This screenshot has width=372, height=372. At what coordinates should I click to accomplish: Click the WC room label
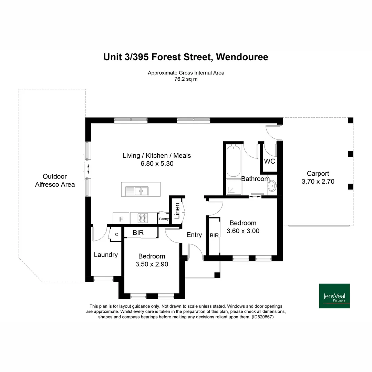(x=269, y=161)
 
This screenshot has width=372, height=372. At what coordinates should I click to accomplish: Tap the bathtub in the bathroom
(x=233, y=161)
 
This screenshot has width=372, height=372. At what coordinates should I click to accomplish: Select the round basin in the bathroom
(x=272, y=186)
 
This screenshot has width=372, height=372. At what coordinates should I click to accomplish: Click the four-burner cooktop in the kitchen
(x=143, y=218)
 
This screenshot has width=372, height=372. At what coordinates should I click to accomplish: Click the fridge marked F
(x=121, y=219)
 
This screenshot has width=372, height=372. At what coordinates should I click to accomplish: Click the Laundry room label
(x=106, y=255)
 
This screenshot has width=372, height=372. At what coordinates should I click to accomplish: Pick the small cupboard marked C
(x=116, y=235)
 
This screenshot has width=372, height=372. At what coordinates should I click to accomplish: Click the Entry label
(x=194, y=235)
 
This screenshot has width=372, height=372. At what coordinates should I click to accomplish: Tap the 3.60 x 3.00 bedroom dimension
(x=243, y=231)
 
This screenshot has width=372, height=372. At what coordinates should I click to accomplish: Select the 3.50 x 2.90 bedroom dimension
(x=152, y=264)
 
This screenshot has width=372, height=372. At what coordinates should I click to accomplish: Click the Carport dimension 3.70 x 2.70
(x=318, y=182)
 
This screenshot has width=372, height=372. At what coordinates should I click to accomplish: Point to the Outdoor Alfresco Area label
(x=55, y=180)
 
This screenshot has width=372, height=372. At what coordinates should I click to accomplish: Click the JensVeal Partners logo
(x=334, y=296)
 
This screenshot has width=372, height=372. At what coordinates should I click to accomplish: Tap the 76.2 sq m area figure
(x=186, y=79)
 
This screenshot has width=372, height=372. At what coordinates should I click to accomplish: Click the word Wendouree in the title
(x=242, y=57)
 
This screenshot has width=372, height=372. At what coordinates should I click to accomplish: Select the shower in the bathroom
(x=234, y=187)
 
